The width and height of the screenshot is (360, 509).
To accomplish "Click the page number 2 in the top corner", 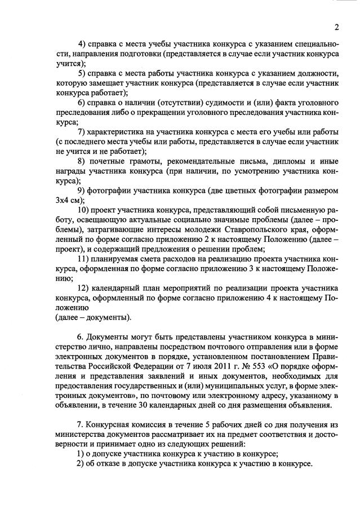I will click(x=336, y=27).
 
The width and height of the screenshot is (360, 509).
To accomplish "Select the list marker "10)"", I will click(x=83, y=211).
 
